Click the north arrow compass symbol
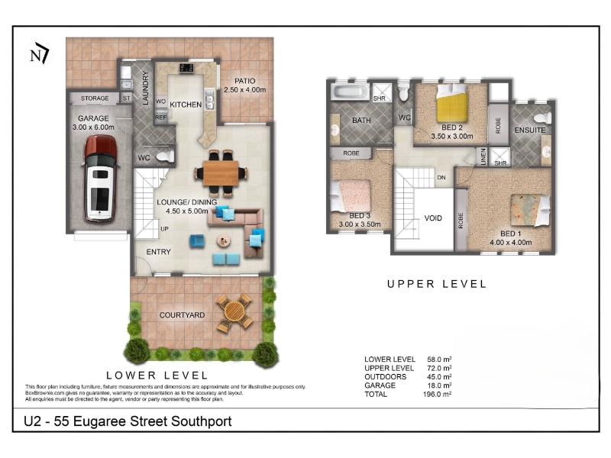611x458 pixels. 39,53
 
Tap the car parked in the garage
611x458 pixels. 101,179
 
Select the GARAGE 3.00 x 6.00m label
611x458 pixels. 93,123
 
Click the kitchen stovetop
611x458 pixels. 186,68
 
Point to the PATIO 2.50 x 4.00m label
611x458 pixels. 244,85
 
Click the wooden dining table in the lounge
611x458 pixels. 221,173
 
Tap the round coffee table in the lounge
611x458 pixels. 223,241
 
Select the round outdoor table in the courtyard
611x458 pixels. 234,312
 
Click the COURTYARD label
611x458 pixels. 182,315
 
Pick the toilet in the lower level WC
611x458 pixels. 165,157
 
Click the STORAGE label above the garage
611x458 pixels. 95,98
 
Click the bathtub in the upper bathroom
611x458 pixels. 350,92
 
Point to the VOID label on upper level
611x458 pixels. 433,218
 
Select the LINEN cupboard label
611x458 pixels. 483,156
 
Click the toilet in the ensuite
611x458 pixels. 542,118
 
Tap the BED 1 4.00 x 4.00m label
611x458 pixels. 510,238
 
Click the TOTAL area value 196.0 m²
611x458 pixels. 437,394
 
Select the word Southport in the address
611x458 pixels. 201,421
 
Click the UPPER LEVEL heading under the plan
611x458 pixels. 436,284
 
